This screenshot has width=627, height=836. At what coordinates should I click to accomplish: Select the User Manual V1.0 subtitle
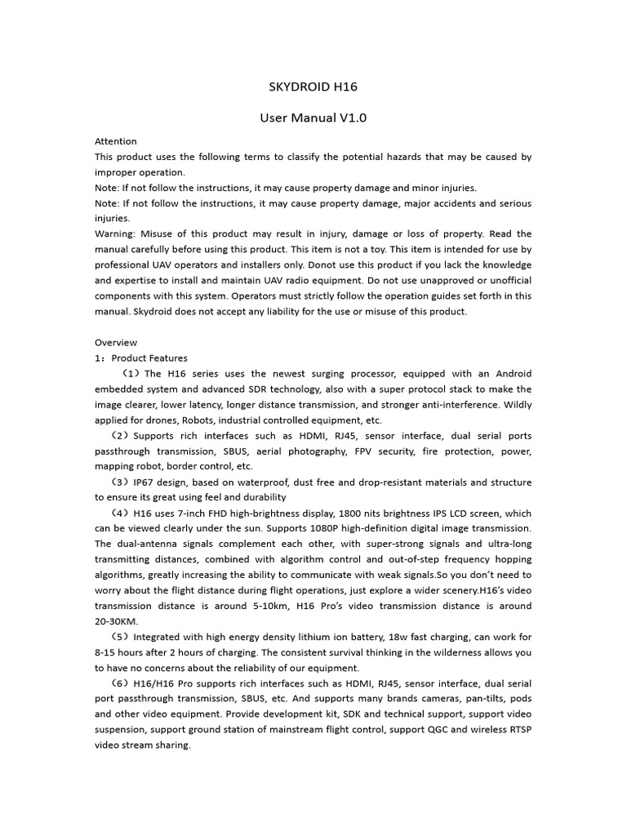click(x=313, y=118)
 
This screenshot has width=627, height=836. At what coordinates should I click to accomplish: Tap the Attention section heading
click(x=116, y=141)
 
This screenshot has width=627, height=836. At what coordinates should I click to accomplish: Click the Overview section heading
click(x=116, y=342)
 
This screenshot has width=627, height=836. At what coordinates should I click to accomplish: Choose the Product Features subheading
click(x=149, y=358)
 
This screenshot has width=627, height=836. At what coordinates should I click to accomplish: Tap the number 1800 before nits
click(x=324, y=514)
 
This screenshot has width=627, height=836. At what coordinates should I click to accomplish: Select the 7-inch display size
click(x=209, y=514)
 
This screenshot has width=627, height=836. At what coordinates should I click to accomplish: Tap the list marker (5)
click(x=119, y=637)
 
